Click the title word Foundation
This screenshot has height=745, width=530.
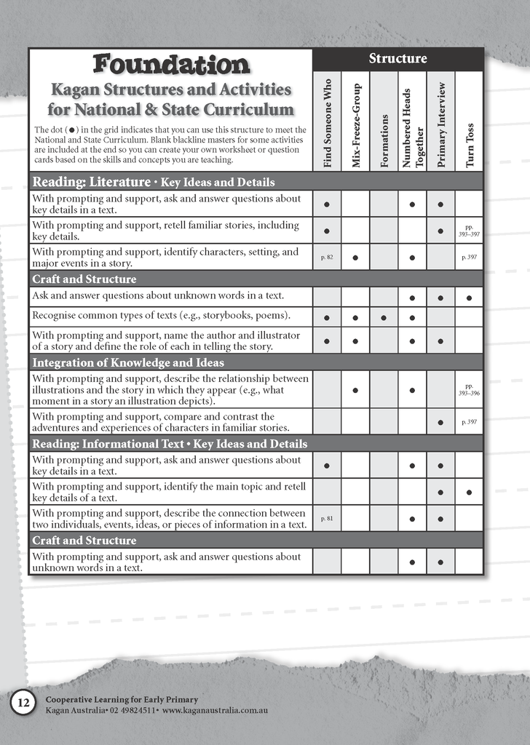pyautogui.click(x=171, y=65)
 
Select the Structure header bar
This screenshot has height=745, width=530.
pyautogui.click(x=398, y=59)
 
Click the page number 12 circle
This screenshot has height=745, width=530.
pyautogui.click(x=23, y=703)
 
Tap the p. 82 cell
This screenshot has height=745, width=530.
pyautogui.click(x=327, y=257)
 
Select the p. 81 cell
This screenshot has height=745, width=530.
pyautogui.click(x=327, y=519)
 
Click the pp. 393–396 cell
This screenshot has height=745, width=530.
pyautogui.click(x=470, y=389)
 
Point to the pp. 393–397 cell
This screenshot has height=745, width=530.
pyautogui.click(x=470, y=231)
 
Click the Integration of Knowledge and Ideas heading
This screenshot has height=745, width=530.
pyautogui.click(x=128, y=362)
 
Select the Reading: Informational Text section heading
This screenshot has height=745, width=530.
pyautogui.click(x=170, y=444)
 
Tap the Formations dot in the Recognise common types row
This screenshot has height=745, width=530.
pyautogui.click(x=384, y=318)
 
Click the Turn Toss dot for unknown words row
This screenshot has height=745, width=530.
pyautogui.click(x=470, y=298)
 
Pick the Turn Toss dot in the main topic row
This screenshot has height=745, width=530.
pyautogui.click(x=470, y=493)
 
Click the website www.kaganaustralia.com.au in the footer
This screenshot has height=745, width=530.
pyautogui.click(x=215, y=709)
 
